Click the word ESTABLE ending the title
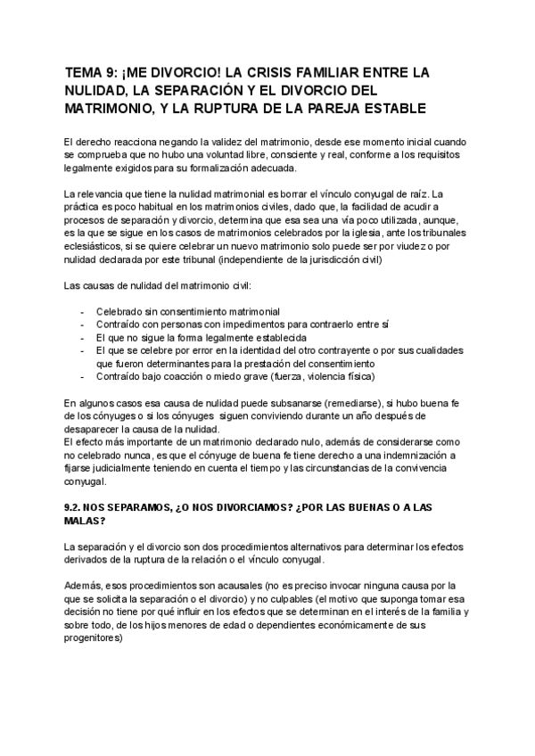400,108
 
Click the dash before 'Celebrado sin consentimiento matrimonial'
83,311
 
